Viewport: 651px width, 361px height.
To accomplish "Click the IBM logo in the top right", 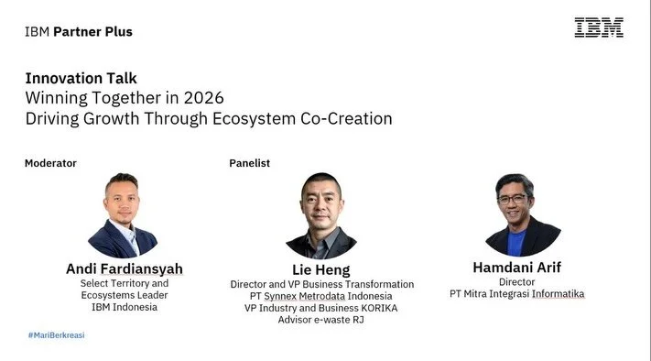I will tap(599, 27).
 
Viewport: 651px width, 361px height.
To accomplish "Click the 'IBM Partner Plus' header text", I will tap(79, 32).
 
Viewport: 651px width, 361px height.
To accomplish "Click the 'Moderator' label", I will tap(50, 163).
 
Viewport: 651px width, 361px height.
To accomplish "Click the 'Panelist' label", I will tap(249, 163).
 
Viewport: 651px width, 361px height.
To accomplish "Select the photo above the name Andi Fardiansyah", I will tap(123, 215).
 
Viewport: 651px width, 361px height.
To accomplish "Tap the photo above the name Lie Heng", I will tap(321, 216).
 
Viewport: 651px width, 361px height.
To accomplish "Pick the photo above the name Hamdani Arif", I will tap(523, 214).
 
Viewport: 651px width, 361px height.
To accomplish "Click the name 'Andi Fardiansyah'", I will tap(125, 268).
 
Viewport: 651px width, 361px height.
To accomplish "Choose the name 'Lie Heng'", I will tap(321, 268).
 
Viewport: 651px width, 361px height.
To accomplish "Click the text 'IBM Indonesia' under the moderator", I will tap(125, 307).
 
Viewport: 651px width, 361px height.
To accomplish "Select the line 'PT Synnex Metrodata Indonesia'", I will tap(321, 296).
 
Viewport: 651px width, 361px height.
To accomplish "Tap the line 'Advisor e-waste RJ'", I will tap(321, 319).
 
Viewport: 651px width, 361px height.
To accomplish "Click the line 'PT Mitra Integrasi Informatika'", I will tap(516, 294).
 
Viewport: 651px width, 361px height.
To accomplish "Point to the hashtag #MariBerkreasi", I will tap(56, 335).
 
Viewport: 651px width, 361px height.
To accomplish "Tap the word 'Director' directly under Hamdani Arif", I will tap(517, 282).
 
